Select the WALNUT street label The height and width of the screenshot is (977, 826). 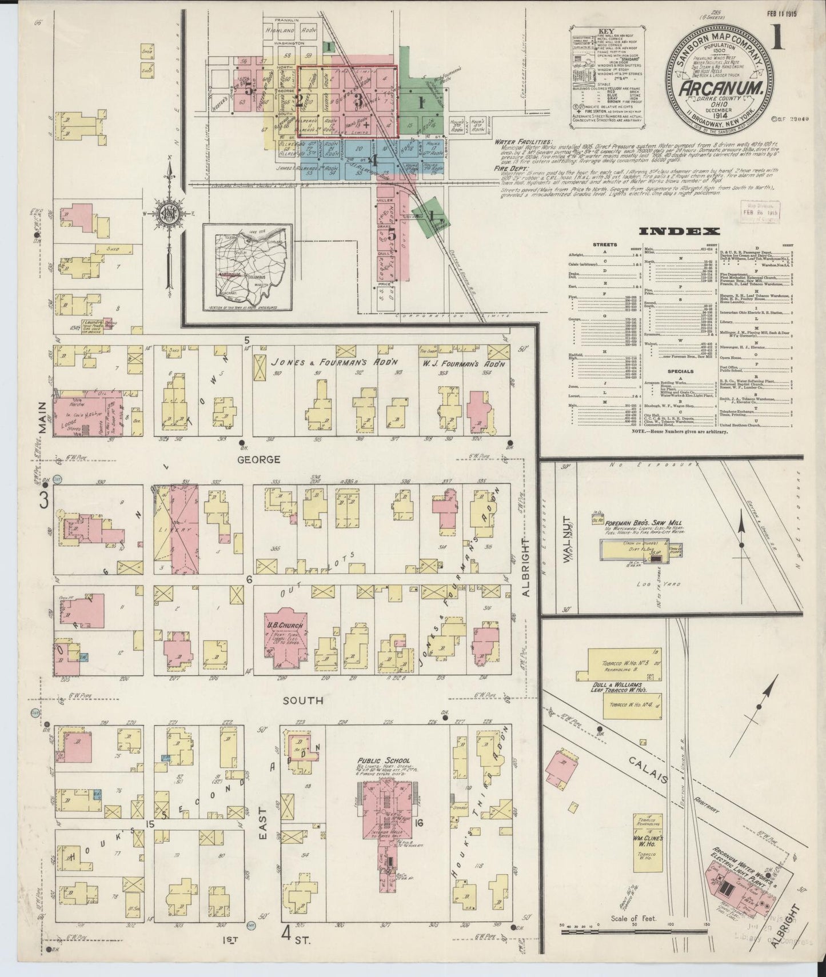click(x=568, y=550)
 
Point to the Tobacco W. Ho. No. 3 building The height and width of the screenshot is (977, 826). click(x=623, y=662)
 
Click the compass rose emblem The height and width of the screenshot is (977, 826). click(x=170, y=213)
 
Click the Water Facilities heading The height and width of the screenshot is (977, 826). click(x=524, y=141)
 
